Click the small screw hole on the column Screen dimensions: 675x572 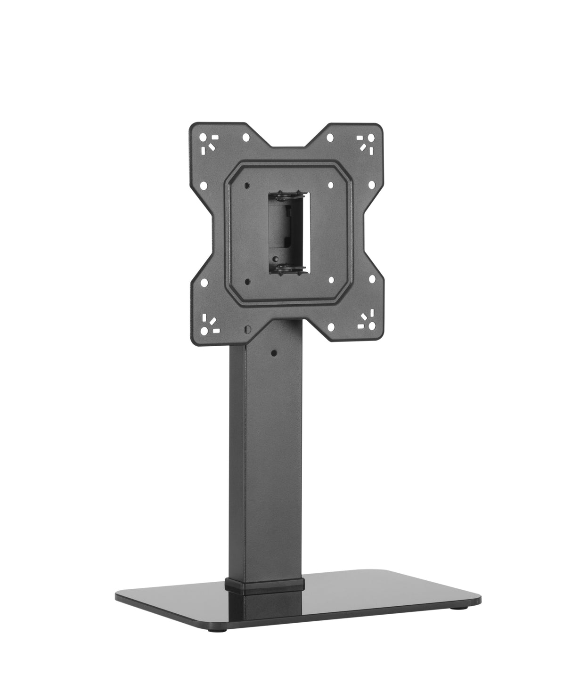pyautogui.click(x=273, y=351)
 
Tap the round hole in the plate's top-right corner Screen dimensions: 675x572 pyautogui.click(x=371, y=138)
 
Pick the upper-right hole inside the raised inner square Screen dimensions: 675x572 pyautogui.click(x=330, y=185)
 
